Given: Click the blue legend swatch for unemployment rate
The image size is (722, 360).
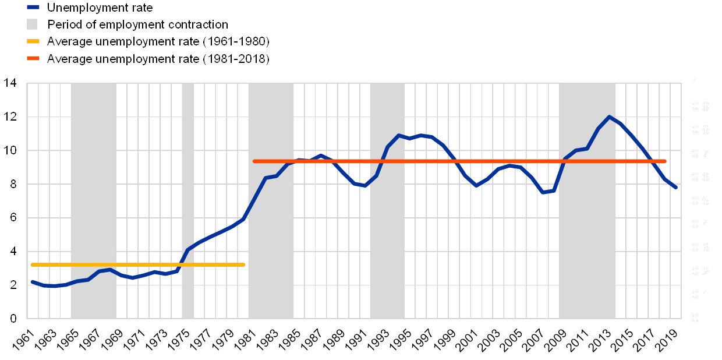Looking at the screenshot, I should click(x=32, y=8).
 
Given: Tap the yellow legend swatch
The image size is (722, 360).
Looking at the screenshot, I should click(x=32, y=41).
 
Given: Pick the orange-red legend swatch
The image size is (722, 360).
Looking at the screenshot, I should click(x=32, y=58).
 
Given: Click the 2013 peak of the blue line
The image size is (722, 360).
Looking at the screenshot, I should click(x=610, y=117).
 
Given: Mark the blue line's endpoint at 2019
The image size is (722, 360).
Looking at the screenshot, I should click(x=676, y=188).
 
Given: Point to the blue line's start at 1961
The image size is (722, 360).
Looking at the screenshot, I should click(x=32, y=281).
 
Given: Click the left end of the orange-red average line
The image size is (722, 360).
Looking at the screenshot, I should click(x=254, y=161).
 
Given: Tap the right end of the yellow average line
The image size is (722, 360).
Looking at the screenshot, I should click(x=244, y=265).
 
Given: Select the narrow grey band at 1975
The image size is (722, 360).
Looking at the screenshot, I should click(x=187, y=201).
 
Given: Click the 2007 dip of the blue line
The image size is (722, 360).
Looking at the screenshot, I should click(x=543, y=192).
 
